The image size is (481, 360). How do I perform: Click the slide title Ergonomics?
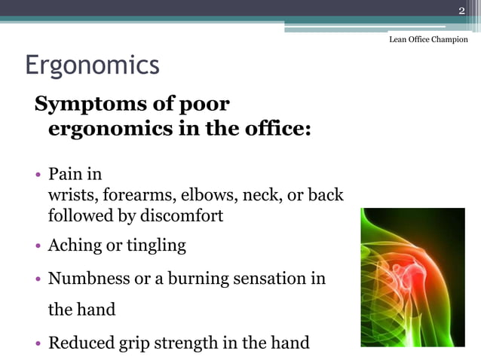click(x=92, y=65)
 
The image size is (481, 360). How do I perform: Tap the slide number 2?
click(x=462, y=9)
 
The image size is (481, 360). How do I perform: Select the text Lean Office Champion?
click(x=428, y=39)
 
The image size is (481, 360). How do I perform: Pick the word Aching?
click(x=73, y=246)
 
